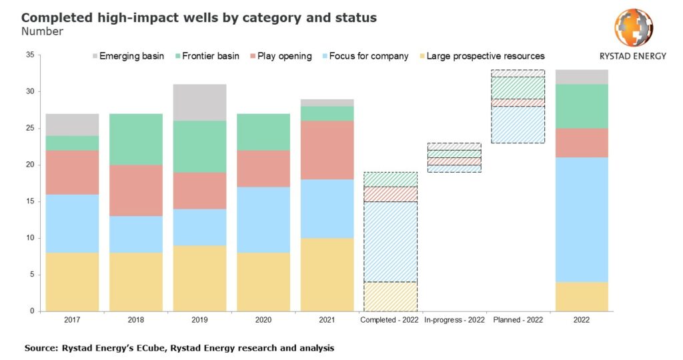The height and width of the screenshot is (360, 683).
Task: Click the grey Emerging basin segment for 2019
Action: coord(199,102)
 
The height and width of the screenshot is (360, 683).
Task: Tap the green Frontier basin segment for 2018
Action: coord(135,139)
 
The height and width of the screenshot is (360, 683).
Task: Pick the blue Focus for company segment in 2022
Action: coord(581,219)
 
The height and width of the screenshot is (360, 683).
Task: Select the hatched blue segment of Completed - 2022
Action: coord(390,241)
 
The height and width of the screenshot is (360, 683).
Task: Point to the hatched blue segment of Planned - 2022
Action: coord(517,125)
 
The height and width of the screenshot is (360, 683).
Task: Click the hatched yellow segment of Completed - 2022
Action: coord(390,296)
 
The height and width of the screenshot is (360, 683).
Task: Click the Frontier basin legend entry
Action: coord(203,56)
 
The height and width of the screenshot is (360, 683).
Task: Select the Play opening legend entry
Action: coord(279,56)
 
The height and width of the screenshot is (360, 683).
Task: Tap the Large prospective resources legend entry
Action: coord(479,56)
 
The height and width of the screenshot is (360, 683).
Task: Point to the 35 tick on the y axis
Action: coord(29,55)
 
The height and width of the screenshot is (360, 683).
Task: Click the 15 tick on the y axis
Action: coord(29,201)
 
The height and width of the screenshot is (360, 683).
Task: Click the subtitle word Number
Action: coord(42,31)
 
